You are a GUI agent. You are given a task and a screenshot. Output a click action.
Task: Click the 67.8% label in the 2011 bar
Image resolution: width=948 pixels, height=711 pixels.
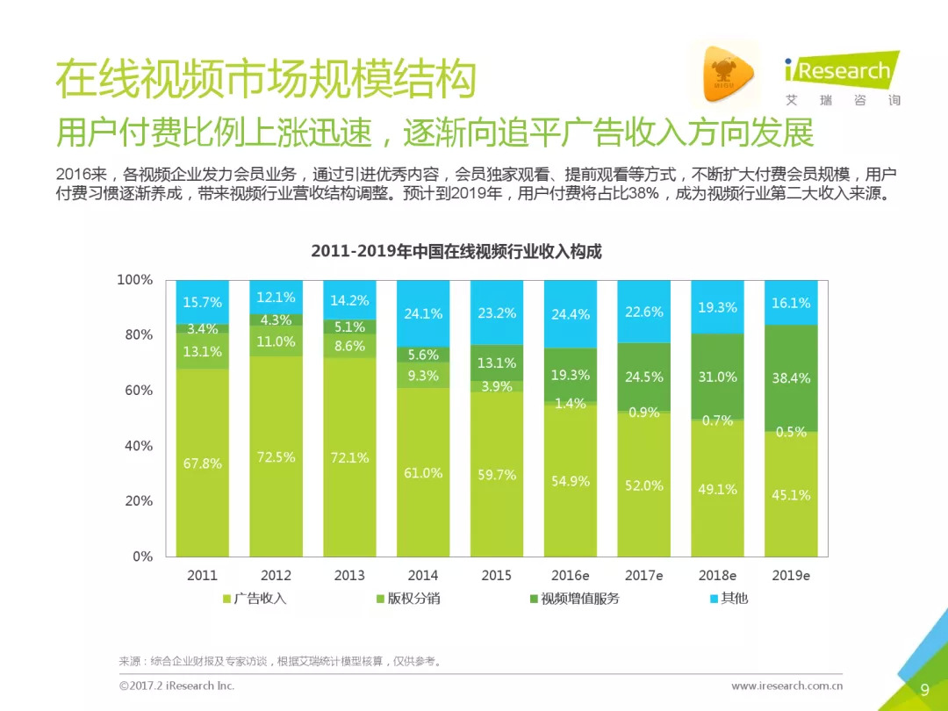click(202, 463)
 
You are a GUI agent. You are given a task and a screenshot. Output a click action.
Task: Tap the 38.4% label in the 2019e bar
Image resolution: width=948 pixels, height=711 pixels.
click(791, 378)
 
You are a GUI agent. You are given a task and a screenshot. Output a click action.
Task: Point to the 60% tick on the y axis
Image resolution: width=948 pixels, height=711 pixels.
click(135, 390)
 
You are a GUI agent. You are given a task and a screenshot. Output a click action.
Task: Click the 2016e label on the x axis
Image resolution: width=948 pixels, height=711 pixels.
click(571, 576)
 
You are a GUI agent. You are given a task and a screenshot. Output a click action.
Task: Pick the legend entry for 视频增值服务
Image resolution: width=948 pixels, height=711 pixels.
click(574, 599)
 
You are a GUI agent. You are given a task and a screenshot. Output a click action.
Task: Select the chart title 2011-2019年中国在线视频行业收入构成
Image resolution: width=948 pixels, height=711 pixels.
click(456, 251)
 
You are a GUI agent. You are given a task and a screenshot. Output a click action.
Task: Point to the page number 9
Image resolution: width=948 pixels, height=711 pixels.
click(924, 689)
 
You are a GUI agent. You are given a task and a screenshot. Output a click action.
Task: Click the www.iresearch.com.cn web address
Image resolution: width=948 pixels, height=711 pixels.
click(786, 686)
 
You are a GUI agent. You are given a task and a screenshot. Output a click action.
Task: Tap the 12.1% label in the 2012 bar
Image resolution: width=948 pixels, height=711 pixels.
click(276, 298)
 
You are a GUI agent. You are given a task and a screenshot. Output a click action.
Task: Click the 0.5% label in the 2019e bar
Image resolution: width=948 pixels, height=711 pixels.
click(791, 432)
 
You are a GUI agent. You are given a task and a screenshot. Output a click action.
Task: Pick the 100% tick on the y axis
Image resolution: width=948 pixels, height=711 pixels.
click(135, 279)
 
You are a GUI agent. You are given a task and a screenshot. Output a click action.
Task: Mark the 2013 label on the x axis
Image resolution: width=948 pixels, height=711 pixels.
click(349, 576)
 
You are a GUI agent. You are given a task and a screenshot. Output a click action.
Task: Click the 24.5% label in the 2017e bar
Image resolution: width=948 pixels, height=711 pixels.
click(644, 377)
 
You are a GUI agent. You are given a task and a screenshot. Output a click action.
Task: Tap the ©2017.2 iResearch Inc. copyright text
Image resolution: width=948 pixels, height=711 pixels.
click(176, 686)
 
